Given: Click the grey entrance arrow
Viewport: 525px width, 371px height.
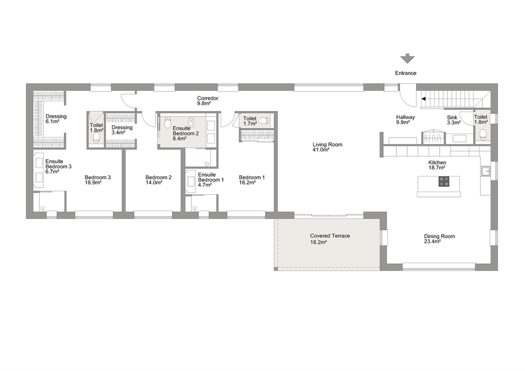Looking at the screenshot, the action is (408, 59).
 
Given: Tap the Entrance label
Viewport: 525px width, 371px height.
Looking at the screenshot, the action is (405, 73).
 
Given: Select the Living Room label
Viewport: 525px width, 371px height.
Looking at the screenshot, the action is (328, 144).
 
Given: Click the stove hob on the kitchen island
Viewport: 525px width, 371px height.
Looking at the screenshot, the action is (444, 182).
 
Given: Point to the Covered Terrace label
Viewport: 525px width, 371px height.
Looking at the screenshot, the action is (330, 236).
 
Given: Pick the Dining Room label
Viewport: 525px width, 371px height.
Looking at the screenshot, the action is (439, 237).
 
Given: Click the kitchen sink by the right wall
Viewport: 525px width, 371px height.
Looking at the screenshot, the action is (485, 171).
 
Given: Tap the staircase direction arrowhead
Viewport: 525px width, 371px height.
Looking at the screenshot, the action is (423, 99).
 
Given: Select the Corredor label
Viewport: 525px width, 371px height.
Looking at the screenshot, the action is (207, 98).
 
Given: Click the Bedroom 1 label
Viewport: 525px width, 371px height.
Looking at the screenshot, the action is (252, 177).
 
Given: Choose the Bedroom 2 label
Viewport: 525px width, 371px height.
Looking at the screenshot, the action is (158, 177).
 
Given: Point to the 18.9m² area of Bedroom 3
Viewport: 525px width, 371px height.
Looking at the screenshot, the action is (93, 183).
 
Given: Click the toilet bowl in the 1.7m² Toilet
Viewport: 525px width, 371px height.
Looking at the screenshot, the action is (266, 121).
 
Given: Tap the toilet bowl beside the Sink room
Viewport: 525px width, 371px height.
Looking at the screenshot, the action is (483, 134).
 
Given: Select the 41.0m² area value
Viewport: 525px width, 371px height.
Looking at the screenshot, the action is (321, 150).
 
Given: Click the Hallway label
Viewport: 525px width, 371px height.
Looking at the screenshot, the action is (405, 117).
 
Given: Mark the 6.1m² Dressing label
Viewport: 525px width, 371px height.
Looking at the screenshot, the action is (56, 116).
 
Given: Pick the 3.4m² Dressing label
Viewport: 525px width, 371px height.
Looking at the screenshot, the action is (122, 128).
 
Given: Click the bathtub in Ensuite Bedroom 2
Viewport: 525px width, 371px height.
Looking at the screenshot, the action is (191, 122).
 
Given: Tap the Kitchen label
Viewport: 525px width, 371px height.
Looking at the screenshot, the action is (437, 162).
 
